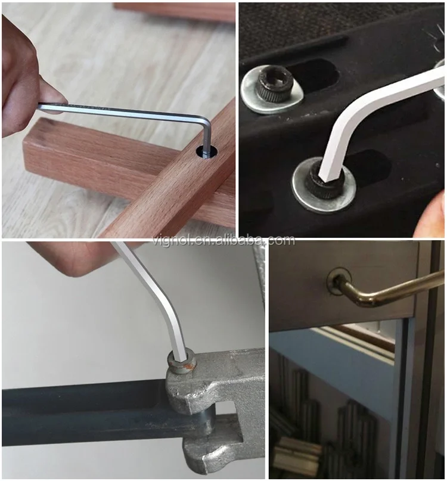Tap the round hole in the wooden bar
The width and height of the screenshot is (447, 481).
[206, 152]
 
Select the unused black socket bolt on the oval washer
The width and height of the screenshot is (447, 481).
[274, 84]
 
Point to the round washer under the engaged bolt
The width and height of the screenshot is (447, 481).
[324, 185]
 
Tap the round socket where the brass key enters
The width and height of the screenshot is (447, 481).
[339, 281]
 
